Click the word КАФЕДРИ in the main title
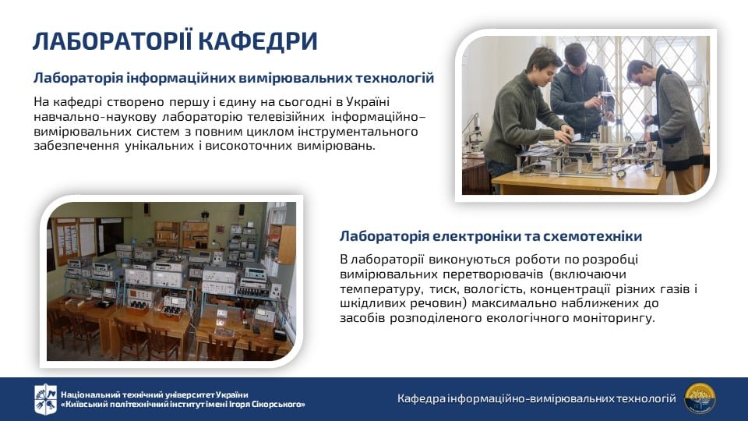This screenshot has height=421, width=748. click(257, 41)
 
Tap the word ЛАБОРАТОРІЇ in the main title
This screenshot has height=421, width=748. click(112, 41)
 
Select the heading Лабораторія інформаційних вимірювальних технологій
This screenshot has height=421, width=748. click(234, 78)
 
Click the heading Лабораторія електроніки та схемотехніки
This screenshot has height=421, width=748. click(491, 236)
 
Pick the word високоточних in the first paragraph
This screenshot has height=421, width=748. click(247, 146)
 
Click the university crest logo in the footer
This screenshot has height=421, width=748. click(45, 399)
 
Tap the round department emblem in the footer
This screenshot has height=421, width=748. click(700, 398)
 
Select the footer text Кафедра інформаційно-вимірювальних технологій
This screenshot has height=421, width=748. click(537, 398)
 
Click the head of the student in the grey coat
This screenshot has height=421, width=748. click(640, 75)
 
